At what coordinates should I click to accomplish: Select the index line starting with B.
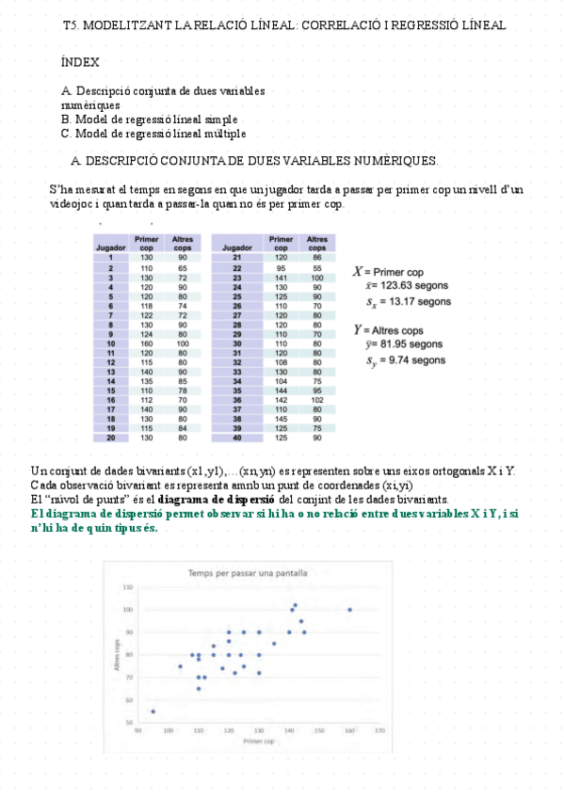coord(149,120)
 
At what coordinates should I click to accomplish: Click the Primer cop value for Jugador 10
coord(147,344)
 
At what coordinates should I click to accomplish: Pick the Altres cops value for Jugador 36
coord(317,399)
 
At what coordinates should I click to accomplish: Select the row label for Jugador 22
coord(237,268)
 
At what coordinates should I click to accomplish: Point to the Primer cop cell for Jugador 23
coord(281,279)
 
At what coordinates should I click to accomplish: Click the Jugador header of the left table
coord(111,247)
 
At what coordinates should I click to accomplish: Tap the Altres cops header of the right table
coord(317,244)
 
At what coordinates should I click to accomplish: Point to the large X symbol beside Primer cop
coord(359,270)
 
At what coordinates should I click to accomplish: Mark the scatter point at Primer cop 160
coord(349,610)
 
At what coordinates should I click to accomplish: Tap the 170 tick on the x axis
coord(379,730)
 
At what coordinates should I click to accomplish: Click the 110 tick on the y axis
coord(127,587)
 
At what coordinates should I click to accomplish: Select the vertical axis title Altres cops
coord(119,655)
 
